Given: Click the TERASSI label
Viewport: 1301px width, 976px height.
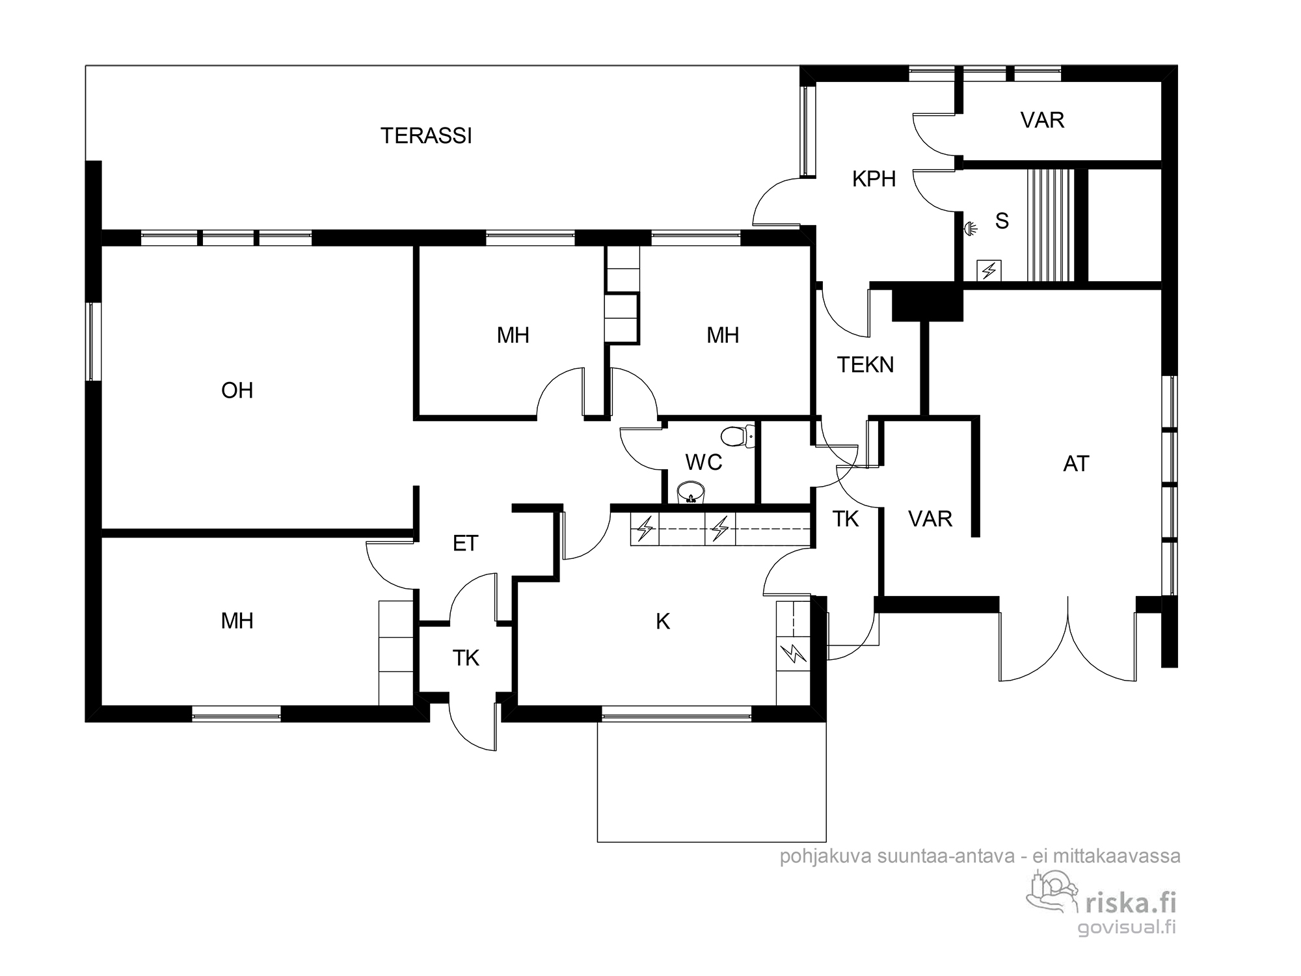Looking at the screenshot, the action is point(426,135).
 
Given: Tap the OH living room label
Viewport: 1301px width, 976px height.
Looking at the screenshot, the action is point(237,390).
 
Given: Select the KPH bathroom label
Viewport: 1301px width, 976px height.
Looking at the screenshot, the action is point(874,179).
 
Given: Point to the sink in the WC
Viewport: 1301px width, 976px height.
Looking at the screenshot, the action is point(690,492).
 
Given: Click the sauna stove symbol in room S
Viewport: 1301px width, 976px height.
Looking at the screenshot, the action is point(989,270).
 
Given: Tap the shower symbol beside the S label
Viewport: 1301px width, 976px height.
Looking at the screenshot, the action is point(971,228).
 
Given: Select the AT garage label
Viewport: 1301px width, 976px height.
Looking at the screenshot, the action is point(1076,464).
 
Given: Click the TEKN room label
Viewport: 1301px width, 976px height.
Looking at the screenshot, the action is point(865,365).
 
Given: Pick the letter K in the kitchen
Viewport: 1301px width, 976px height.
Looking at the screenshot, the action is point(663,622).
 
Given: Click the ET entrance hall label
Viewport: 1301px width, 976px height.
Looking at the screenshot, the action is point(465,543).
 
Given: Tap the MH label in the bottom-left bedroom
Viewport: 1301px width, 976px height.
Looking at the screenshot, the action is point(237,621).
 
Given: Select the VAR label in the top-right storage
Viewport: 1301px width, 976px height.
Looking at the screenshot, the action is point(1042,120).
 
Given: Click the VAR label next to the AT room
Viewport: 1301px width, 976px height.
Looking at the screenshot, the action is point(930,519).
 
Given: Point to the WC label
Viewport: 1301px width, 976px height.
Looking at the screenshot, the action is point(704,462).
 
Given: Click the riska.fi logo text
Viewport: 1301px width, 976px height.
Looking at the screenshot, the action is point(1131,902).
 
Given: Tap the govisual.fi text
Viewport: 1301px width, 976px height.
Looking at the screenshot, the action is point(1127,927).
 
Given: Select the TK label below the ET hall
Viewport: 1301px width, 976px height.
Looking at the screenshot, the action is point(466,658).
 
